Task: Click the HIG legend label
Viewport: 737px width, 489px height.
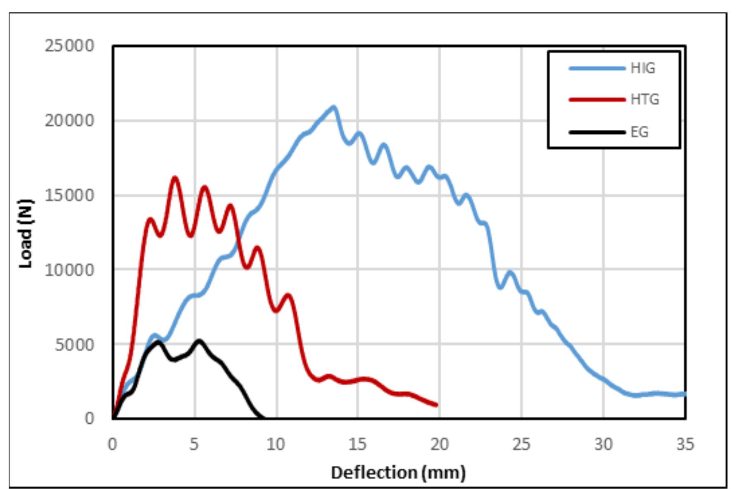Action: click(x=642, y=68)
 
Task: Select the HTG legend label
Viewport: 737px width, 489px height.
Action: click(x=644, y=100)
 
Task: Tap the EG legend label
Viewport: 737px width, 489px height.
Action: click(x=639, y=132)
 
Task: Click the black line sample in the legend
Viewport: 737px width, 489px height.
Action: click(x=597, y=132)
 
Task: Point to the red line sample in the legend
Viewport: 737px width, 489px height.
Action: click(x=597, y=100)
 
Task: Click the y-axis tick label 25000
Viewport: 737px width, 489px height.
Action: click(x=69, y=46)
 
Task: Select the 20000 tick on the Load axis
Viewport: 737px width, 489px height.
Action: click(x=69, y=121)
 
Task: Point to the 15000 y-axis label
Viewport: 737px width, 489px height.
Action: click(x=69, y=195)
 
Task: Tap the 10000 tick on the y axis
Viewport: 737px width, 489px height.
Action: click(x=69, y=270)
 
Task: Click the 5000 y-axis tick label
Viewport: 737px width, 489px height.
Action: click(x=74, y=344)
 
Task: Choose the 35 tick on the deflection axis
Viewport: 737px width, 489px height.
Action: click(x=685, y=444)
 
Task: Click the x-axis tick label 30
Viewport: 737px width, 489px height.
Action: click(x=603, y=444)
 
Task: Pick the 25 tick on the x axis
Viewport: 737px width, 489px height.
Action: click(x=521, y=444)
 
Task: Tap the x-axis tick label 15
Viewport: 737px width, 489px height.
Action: click(x=357, y=444)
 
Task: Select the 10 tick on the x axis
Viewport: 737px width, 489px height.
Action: click(x=276, y=444)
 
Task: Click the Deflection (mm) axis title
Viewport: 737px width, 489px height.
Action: click(x=398, y=472)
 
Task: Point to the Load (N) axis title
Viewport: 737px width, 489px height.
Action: click(x=26, y=234)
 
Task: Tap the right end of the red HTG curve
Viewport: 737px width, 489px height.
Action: click(x=436, y=405)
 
